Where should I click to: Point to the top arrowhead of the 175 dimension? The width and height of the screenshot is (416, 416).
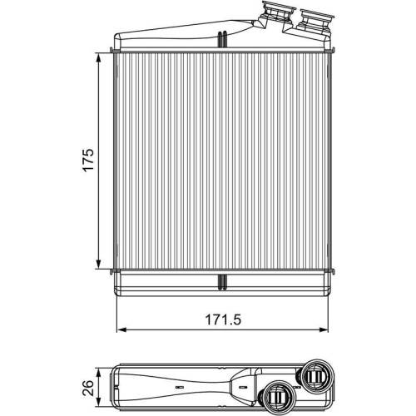pos(102,55)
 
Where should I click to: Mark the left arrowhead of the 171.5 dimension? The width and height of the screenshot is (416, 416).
pos(118,329)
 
